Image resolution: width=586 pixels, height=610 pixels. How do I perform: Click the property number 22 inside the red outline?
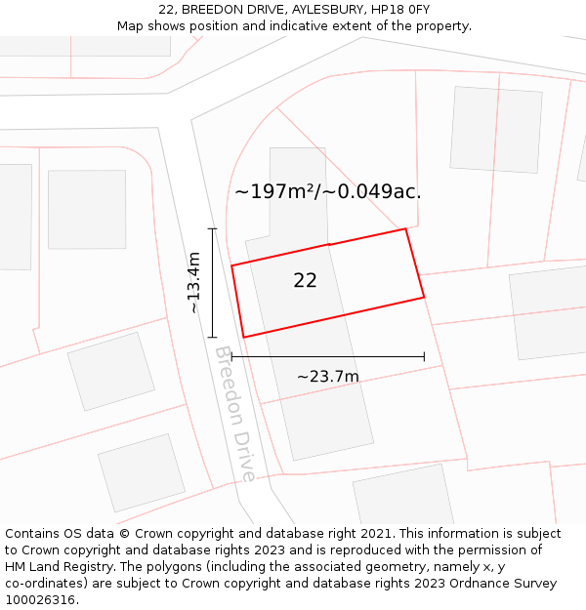coord(305,280)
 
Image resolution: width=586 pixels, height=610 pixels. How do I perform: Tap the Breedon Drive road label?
coord(236,414)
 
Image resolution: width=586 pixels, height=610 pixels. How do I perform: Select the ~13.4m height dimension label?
coord(193,282)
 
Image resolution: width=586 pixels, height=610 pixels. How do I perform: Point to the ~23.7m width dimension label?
coord(327,376)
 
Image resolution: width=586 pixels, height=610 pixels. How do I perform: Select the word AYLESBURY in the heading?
coord(324,10)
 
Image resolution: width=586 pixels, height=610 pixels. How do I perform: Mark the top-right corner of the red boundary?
coord(405,229)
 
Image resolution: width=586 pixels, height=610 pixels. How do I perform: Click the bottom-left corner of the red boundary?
coord(243,338)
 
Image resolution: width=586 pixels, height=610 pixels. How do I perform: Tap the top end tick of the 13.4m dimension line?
coord(213,228)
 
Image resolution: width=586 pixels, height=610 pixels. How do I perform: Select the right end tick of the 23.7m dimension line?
coord(424,356)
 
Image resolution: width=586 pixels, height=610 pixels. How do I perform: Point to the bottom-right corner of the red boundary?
coord(424,297)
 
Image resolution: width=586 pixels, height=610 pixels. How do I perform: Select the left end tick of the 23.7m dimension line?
coord(231,356)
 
